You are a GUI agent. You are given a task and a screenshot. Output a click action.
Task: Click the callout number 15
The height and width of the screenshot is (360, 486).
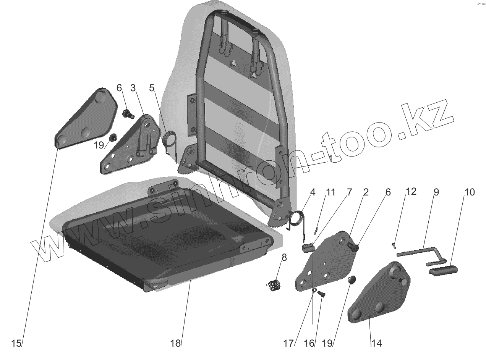16,343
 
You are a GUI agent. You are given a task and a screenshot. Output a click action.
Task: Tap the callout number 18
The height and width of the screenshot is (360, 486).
175,343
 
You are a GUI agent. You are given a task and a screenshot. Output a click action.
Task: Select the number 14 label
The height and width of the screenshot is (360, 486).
376,343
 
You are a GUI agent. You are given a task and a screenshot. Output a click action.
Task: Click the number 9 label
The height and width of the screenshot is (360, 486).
436,192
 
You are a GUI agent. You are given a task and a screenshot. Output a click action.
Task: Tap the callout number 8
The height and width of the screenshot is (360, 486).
283,257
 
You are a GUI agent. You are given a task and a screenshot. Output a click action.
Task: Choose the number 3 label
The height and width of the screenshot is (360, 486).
133,88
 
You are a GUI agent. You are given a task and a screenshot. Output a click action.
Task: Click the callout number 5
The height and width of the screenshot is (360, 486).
152,88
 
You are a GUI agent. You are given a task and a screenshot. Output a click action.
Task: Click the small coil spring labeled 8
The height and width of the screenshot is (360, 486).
274,286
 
